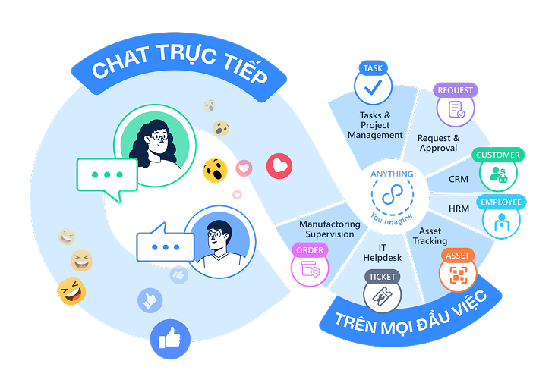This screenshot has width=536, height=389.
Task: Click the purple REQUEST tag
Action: pyautogui.click(x=456, y=90)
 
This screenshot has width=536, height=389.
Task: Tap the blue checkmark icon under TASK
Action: pyautogui.click(x=373, y=86)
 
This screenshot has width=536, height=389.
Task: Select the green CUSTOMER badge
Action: pyautogui.click(x=498, y=155)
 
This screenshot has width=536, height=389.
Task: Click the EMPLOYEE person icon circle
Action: pyautogui.click(x=502, y=221)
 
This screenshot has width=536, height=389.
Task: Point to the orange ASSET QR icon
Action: pyautogui.click(x=458, y=274)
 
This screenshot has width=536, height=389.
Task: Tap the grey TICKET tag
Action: pyautogui.click(x=382, y=277)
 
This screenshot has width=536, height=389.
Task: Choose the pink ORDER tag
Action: pyautogui.click(x=310, y=250)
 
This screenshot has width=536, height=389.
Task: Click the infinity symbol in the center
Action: pyautogui.click(x=392, y=195)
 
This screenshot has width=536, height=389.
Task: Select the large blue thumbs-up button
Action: pyautogui.click(x=170, y=339)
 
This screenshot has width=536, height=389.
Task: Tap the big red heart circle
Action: pyautogui.click(x=279, y=166)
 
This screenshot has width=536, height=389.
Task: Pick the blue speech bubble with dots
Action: pyautogui.click(x=166, y=243)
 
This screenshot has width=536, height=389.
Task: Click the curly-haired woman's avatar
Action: pyautogui.click(x=155, y=146)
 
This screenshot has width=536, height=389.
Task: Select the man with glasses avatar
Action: pyautogui.click(x=220, y=242)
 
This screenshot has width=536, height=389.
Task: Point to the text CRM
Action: pyautogui.click(x=459, y=179)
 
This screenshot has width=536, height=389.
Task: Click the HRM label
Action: pyautogui.click(x=459, y=209)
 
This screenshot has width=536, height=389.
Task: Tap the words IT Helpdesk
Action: pyautogui.click(x=382, y=253)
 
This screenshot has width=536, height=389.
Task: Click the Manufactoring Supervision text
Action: pyautogui.click(x=329, y=229)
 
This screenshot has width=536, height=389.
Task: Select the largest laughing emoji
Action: pyautogui.click(x=71, y=291)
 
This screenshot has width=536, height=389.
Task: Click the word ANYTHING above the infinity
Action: pyautogui.click(x=392, y=174)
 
